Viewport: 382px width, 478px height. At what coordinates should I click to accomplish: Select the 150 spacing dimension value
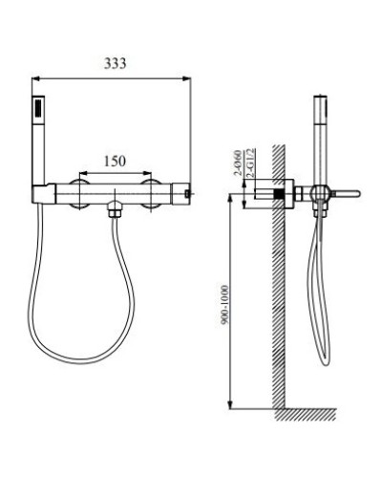click(116, 161)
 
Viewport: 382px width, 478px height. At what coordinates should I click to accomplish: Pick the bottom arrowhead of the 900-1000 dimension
click(232, 406)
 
